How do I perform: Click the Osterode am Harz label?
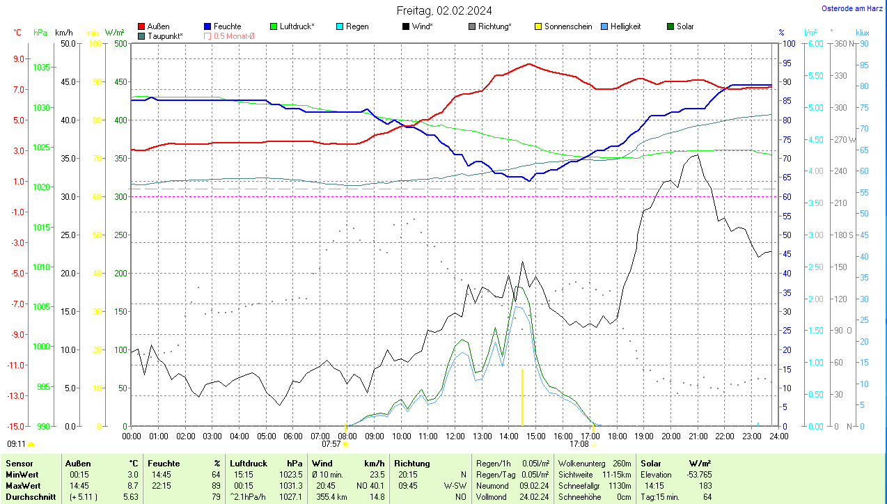[x=851, y=9]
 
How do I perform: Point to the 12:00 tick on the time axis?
[x=455, y=436]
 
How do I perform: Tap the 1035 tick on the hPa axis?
[x=42, y=68]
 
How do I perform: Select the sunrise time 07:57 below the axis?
[x=331, y=443]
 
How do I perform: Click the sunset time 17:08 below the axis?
[x=579, y=443]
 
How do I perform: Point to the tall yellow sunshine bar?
[x=522, y=397]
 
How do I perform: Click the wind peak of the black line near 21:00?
[x=697, y=155]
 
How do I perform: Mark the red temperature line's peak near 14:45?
[x=529, y=64]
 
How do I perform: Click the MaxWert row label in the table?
[x=22, y=485]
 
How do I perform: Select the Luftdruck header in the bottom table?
[x=249, y=463]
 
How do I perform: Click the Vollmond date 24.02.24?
[x=534, y=497]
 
